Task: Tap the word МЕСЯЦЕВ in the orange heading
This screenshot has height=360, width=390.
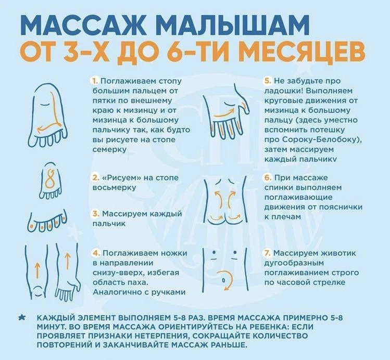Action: click(303, 53)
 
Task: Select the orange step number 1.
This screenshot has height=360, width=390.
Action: click(95, 81)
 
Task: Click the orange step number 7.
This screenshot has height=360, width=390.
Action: click(268, 253)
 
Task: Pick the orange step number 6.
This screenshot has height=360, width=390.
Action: click(268, 178)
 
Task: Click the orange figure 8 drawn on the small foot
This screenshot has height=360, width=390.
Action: click(50, 179)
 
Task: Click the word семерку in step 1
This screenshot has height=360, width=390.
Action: click(109, 149)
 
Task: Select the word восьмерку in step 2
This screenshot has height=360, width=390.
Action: click(114, 187)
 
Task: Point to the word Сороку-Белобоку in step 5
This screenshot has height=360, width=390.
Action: click(320, 140)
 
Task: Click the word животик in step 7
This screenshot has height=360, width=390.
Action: click(339, 253)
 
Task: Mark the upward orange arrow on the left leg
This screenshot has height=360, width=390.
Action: click(37, 271)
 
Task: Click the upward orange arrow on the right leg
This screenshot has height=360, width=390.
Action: click(67, 261)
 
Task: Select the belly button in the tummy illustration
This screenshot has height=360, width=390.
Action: click(223, 280)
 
